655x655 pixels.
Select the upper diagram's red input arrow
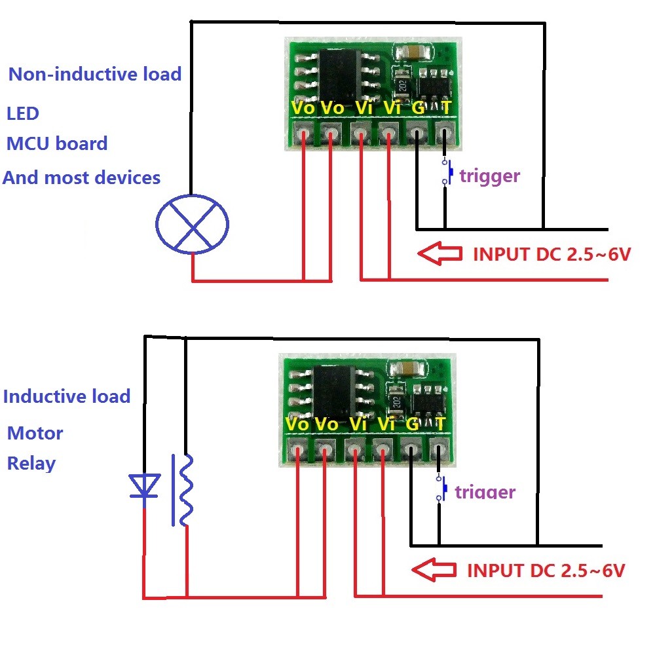click(x=440, y=254)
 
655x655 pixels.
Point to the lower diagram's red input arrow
click(x=434, y=570)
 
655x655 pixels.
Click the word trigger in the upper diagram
click(x=489, y=176)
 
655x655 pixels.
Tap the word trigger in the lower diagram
click(x=485, y=492)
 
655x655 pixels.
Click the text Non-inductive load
click(x=95, y=74)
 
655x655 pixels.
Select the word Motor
click(x=35, y=433)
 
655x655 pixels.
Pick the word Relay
click(x=31, y=464)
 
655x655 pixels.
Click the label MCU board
click(x=57, y=143)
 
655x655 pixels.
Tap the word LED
click(x=23, y=113)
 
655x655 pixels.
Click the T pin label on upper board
click(x=446, y=107)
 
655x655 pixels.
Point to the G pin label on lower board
click(x=412, y=424)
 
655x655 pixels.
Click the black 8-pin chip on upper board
click(x=338, y=73)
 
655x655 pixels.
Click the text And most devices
click(x=82, y=178)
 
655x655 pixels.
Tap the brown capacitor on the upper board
click(x=411, y=52)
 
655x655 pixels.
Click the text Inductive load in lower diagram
click(x=67, y=396)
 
